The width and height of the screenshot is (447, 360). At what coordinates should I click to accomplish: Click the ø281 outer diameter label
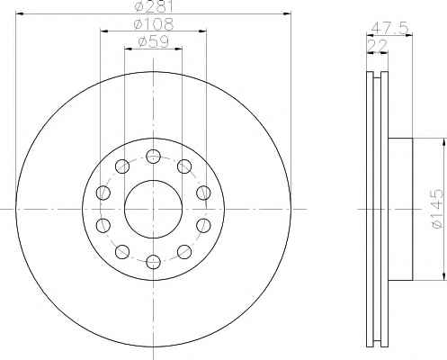[154, 6]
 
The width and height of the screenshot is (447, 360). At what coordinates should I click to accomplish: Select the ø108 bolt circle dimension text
[154, 24]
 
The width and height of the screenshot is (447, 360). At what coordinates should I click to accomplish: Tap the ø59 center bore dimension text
[153, 41]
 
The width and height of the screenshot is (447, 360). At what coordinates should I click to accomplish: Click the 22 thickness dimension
[378, 46]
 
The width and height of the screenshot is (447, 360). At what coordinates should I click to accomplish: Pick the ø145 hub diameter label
[437, 208]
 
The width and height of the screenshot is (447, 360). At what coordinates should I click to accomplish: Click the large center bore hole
[153, 209]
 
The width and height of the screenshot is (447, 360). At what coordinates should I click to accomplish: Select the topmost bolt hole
[153, 157]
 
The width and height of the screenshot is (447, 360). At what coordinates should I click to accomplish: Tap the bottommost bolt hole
[153, 262]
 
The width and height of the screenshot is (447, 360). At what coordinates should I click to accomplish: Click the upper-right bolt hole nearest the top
[184, 166]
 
